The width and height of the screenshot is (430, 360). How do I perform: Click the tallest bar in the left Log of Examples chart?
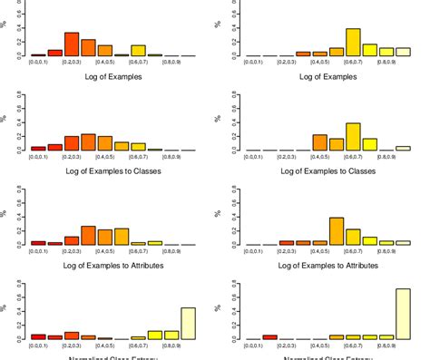(72, 44)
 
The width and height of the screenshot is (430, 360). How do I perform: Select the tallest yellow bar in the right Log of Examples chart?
(353, 42)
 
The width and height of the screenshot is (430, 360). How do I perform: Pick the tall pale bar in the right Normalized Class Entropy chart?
(402, 314)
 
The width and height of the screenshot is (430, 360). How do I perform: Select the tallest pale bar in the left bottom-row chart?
(188, 323)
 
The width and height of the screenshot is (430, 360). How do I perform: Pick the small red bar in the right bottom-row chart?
(269, 336)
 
